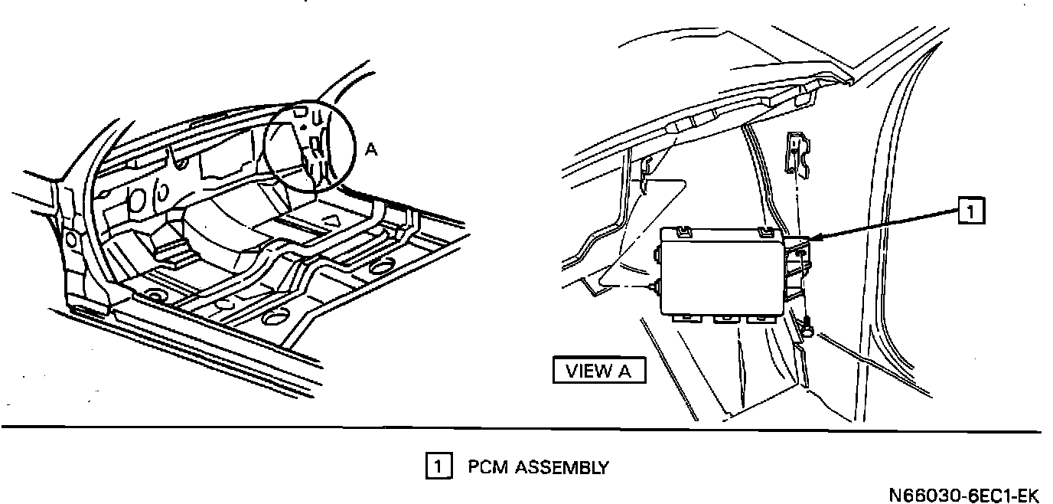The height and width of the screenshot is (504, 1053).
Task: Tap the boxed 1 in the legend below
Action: tap(436, 466)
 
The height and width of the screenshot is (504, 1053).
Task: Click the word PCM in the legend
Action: tap(486, 466)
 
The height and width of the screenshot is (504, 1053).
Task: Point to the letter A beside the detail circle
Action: tap(370, 150)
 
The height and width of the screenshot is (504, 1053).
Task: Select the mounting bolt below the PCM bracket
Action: tap(807, 328)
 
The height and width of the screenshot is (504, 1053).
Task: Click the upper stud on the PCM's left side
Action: tap(657, 251)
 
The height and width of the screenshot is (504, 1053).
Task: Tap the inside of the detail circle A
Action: tap(310, 146)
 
